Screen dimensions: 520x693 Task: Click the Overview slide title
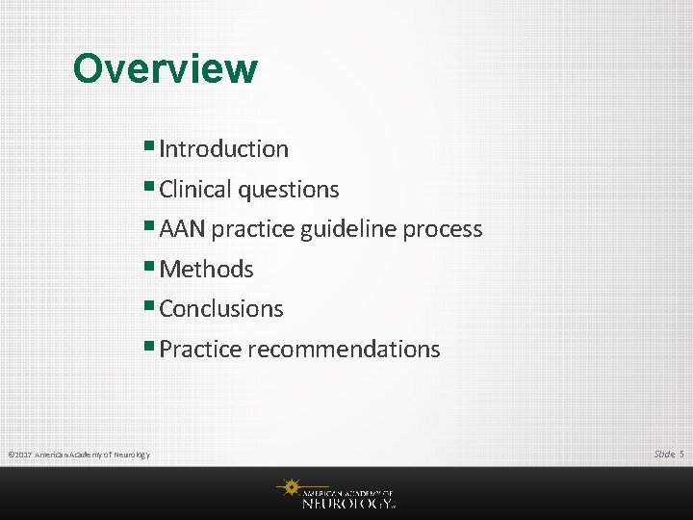[x=165, y=68]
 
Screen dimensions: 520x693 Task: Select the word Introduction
[x=223, y=149]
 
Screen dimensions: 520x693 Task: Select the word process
[x=443, y=230]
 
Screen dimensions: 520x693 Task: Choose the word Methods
[x=206, y=270]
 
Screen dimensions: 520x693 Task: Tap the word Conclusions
[x=221, y=309]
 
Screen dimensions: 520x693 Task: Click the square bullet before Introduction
[x=151, y=147]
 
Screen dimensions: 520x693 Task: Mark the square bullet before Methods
[x=151, y=268]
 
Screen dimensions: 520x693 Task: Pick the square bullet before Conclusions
[x=151, y=307]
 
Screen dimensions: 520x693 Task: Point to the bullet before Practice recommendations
[x=151, y=348]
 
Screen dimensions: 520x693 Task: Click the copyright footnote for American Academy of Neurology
[x=78, y=455]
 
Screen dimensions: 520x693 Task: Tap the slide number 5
[x=681, y=454]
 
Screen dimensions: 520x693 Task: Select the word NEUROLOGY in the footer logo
[x=346, y=502]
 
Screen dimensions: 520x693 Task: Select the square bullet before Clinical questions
[x=151, y=188]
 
